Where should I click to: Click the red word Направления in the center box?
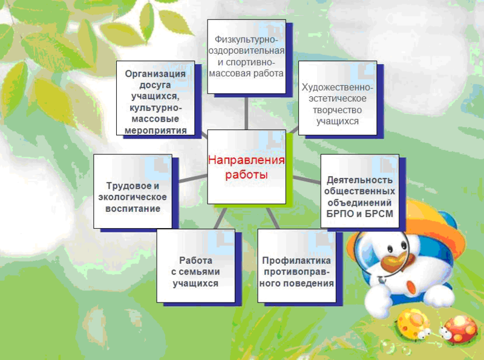click(246, 160)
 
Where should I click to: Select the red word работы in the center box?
click(246, 175)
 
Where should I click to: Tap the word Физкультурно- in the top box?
click(246, 39)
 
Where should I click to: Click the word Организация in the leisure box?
click(155, 74)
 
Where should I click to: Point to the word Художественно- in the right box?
click(338, 87)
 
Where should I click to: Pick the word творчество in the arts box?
click(338, 110)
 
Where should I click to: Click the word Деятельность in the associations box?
click(359, 180)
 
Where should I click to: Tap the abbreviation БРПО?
click(339, 214)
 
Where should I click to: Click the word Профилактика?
click(296, 261)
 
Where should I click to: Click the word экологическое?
click(132, 197)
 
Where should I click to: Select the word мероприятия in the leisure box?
click(155, 130)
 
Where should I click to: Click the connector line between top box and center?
click(246, 112)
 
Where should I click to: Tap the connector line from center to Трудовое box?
click(193, 178)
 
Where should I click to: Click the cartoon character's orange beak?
click(393, 262)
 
